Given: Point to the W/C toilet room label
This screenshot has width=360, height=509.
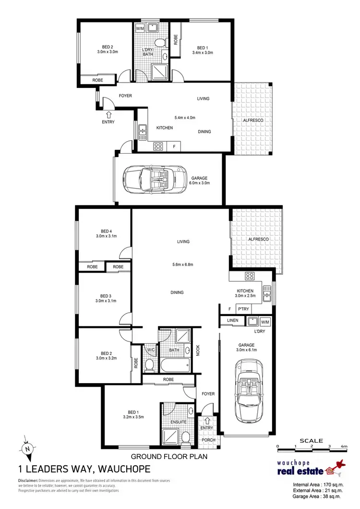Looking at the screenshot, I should coord(150,350).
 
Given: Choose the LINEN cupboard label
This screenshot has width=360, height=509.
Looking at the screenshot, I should coord(232,320).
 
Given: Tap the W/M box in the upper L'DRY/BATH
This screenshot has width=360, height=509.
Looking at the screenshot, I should coord(140,29).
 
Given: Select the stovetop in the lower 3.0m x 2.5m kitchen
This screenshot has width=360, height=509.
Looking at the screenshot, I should coord(250,276).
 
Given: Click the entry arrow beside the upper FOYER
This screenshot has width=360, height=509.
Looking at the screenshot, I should coord(108,115).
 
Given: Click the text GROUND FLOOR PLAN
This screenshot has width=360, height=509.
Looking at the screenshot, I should coord(169,457).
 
